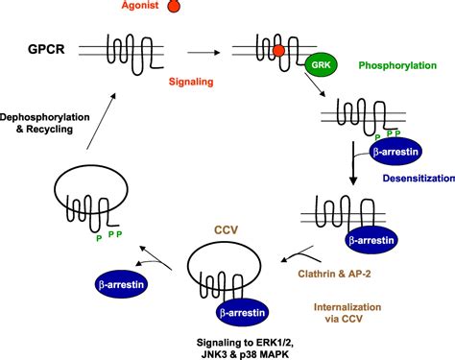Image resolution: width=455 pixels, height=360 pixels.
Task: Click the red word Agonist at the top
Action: coord(140,7)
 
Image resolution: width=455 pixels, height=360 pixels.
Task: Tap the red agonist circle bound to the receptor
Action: coord(276,49)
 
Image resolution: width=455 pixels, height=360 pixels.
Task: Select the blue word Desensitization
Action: coord(397,176)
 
